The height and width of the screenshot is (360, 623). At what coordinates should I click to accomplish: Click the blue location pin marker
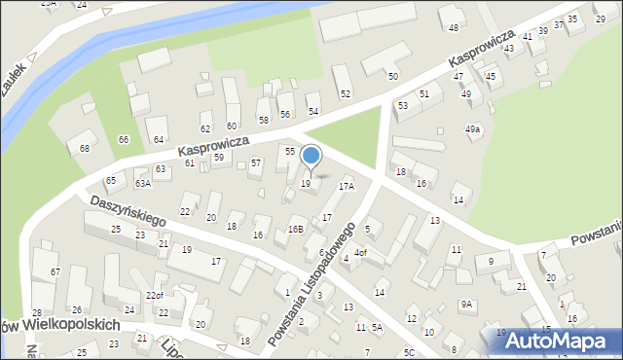(x=311, y=156)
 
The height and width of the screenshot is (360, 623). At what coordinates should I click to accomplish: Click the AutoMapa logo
(x=558, y=341)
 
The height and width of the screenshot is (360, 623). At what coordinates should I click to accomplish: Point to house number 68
(x=85, y=148)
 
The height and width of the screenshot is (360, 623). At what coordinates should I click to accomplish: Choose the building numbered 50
(x=392, y=76)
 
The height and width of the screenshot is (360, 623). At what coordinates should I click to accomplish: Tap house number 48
(x=453, y=27)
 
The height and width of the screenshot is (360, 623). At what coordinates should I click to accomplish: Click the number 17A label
(x=346, y=185)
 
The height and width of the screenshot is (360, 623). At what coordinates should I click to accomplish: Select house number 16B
(x=295, y=229)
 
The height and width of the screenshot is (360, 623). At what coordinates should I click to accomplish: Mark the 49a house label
(x=472, y=129)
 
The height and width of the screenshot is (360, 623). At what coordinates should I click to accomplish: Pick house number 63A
(x=142, y=183)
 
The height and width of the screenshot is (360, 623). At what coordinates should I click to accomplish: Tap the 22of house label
(x=154, y=296)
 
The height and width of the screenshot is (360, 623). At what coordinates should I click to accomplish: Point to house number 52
(x=345, y=93)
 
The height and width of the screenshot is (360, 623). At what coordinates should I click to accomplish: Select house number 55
(x=290, y=151)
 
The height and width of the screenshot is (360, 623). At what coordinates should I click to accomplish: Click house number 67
(x=55, y=271)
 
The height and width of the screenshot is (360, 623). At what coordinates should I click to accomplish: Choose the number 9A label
(x=466, y=305)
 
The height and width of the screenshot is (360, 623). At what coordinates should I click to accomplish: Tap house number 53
(x=402, y=105)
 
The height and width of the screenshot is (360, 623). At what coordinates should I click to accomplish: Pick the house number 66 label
(x=124, y=140)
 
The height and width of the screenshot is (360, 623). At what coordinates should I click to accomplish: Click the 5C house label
(x=409, y=351)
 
